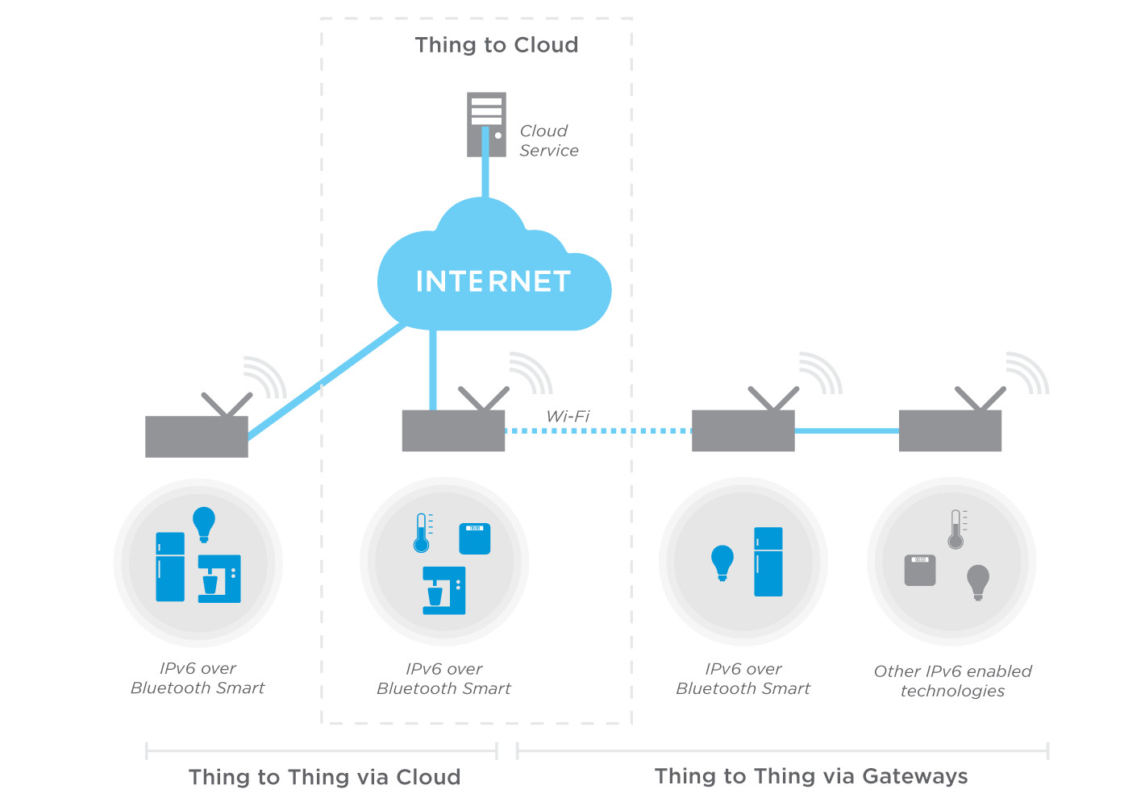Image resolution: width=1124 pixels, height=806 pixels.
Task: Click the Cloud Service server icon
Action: [486, 124]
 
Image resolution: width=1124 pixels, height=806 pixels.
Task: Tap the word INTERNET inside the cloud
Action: [493, 281]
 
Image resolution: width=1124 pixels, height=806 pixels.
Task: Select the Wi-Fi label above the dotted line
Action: [568, 416]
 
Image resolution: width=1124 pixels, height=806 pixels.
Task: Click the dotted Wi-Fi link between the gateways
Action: [597, 431]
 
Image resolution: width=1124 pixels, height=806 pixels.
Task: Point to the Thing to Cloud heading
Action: [497, 45]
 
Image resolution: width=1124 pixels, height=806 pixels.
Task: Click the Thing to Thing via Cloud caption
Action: [325, 777]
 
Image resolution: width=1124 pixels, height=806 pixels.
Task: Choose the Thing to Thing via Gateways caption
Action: [811, 776]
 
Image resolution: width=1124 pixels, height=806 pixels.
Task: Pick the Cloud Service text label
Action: [548, 140]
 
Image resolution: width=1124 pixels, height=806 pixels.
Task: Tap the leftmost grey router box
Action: [196, 436]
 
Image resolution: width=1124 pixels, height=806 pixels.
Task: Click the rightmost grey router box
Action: [950, 430]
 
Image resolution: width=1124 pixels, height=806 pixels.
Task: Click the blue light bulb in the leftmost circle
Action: [203, 523]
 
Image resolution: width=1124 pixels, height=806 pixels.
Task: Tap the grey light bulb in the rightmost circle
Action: [978, 581]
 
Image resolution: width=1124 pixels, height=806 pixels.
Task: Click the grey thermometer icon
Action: [956, 530]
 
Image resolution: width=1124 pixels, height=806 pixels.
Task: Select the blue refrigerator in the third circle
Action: [768, 562]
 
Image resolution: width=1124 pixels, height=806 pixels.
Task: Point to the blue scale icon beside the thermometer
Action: [475, 538]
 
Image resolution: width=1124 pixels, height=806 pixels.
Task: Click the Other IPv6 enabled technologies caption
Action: [952, 681]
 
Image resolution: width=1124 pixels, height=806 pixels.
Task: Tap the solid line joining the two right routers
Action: [847, 431]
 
